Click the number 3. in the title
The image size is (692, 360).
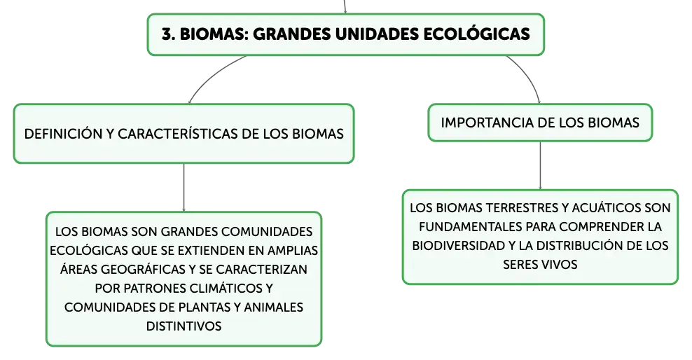[x=168, y=34]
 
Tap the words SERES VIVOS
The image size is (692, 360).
[x=540, y=265]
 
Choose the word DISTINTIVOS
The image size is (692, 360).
[x=184, y=326]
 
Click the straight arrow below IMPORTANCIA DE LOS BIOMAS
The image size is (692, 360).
[x=540, y=165]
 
